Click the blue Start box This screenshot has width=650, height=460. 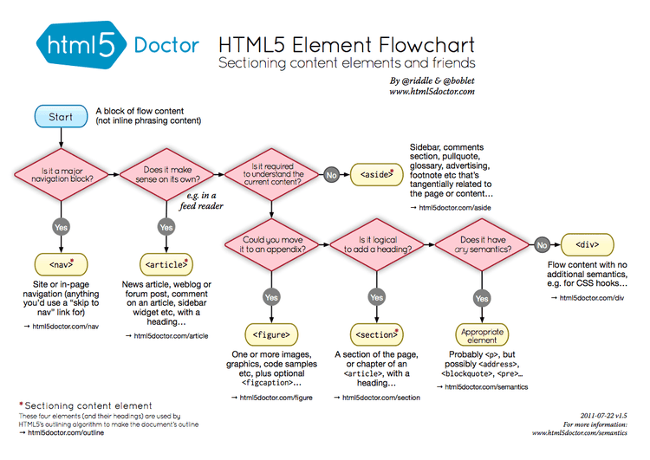[61, 116]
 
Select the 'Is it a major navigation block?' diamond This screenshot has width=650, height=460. [61, 172]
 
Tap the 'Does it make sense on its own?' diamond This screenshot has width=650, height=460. [166, 172]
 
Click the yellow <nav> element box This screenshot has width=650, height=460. [61, 262]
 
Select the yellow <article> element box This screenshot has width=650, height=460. [166, 262]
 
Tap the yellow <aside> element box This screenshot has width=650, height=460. [375, 174]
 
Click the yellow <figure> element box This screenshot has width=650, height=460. [271, 334]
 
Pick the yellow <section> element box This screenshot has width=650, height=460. [376, 334]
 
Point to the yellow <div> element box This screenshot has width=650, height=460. [588, 244]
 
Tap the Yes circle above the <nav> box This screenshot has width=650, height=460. [61, 226]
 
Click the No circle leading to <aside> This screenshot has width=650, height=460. [331, 174]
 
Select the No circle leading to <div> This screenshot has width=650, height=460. [543, 244]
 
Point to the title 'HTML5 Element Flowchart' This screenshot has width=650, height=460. [347, 43]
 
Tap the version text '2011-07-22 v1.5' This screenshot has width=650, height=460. [605, 416]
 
